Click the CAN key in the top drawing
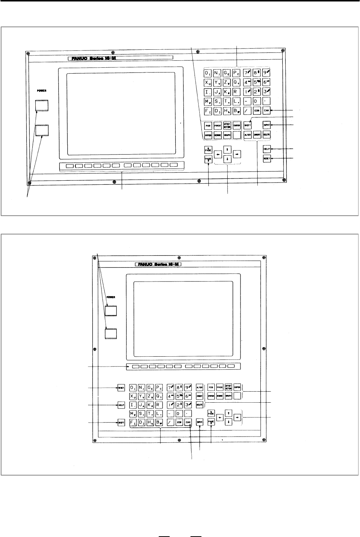266,110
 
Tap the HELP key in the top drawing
267,149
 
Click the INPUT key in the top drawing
267,125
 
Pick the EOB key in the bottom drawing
179,423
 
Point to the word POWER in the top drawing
41,89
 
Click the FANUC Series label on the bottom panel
158,264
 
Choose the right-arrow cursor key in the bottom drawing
237,417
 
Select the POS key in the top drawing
208,126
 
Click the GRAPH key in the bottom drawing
228,396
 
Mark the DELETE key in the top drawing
267,135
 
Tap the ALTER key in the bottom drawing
200,388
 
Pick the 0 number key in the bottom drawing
179,414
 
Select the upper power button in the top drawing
42,105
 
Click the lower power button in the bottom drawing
111,333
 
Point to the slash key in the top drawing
247,110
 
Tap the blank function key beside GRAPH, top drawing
236,135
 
